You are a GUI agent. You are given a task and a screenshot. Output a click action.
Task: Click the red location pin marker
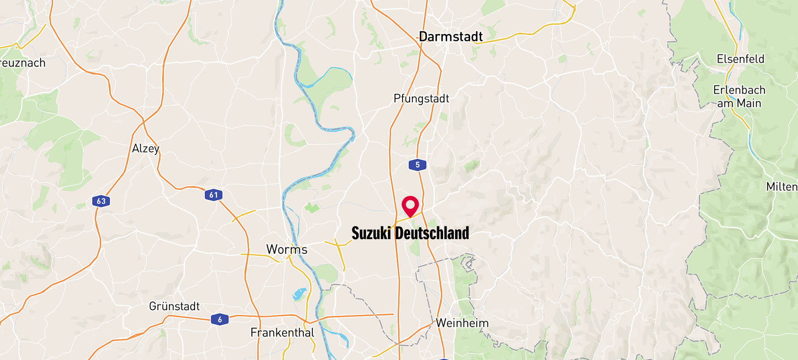[x=410, y=206]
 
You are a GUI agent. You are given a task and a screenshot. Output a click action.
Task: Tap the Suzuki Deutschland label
[x=410, y=233]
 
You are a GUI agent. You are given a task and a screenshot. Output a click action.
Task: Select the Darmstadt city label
[x=451, y=37]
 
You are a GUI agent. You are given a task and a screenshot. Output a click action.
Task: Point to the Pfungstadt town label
[x=421, y=98]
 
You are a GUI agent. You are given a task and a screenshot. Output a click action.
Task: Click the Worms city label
[x=286, y=249]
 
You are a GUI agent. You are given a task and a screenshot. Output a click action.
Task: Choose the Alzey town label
[x=145, y=149]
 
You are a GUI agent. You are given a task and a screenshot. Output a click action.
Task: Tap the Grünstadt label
[x=174, y=306]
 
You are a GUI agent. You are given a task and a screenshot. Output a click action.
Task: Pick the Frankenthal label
[x=282, y=333]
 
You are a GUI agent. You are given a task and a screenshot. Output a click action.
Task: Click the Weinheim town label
[x=462, y=323]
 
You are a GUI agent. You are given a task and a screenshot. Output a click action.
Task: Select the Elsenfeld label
[x=740, y=59]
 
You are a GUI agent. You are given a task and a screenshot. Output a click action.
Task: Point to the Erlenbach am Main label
[x=739, y=97]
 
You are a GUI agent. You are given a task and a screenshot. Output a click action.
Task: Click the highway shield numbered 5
[x=417, y=165]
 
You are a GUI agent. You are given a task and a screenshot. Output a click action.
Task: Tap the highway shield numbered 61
[x=214, y=195]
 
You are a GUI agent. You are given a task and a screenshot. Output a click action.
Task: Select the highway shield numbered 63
[x=101, y=201]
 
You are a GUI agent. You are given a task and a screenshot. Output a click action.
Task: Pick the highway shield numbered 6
[x=220, y=319]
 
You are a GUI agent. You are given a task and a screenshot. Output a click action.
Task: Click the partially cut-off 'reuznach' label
[x=23, y=63]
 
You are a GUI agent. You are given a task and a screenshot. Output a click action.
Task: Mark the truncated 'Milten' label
[x=782, y=187]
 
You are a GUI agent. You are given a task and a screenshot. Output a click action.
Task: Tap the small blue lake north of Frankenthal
[x=299, y=294]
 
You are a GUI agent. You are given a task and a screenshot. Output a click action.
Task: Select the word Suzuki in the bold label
[x=371, y=233]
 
